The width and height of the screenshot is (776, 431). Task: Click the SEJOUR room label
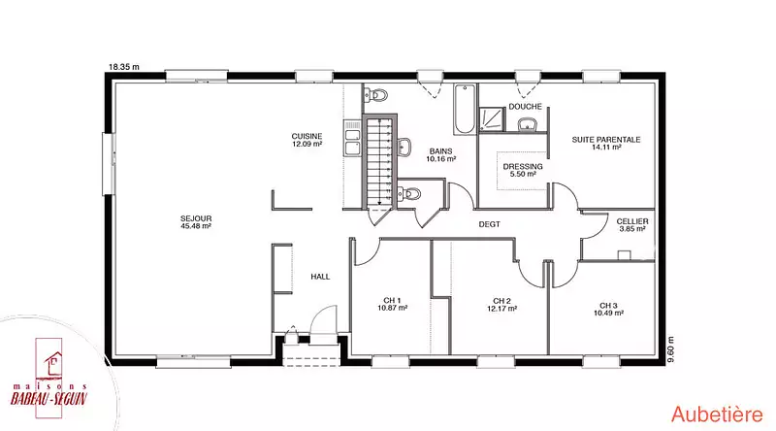click(x=196, y=222)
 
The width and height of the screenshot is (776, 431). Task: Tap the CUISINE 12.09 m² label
click(x=307, y=140)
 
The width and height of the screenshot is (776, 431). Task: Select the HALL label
click(x=320, y=277)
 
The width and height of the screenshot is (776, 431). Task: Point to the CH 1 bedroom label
click(x=393, y=304)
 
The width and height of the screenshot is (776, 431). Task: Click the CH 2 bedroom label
click(x=501, y=304)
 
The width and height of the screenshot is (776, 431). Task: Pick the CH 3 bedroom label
click(x=608, y=309)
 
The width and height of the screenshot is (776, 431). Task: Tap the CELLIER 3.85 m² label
click(x=632, y=225)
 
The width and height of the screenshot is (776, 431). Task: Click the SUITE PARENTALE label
click(x=606, y=143)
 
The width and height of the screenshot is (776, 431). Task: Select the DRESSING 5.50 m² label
click(x=523, y=170)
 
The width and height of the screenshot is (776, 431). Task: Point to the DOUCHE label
click(x=525, y=107)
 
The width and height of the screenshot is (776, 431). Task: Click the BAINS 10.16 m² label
click(x=441, y=155)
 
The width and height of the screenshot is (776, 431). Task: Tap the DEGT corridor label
click(x=490, y=224)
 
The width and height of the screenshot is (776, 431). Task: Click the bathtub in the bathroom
click(x=465, y=110)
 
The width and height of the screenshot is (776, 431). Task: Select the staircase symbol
click(x=380, y=161)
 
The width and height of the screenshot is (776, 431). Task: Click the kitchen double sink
click(x=352, y=139)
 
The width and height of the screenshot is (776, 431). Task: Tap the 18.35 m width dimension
click(x=124, y=66)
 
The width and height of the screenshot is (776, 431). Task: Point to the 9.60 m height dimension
click(x=670, y=349)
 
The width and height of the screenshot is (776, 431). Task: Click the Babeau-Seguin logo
click(x=48, y=378)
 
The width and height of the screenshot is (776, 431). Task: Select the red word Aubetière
click(x=717, y=414)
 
